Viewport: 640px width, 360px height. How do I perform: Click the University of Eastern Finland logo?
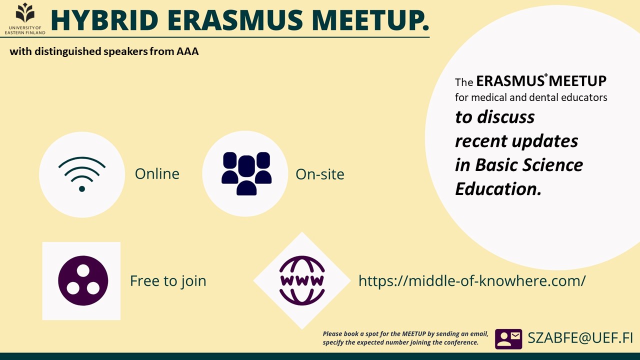point(25,19)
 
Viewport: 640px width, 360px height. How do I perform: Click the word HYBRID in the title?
point(104,20)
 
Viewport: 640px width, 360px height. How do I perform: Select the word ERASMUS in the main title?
point(235,20)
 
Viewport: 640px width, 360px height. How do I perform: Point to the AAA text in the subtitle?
point(187,51)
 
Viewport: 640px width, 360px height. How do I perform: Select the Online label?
point(157,173)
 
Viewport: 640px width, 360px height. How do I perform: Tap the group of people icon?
point(246,173)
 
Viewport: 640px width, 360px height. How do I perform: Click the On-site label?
point(320,174)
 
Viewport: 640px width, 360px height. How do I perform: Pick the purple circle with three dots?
point(83,280)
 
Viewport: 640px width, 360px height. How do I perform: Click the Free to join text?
point(168,281)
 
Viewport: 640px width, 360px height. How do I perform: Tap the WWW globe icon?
point(302,280)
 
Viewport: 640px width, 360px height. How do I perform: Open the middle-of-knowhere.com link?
point(472,281)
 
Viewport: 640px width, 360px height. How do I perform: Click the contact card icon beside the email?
point(508,339)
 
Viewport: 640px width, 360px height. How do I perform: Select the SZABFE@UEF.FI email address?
point(580,338)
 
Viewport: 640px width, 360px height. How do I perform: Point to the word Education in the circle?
point(498,189)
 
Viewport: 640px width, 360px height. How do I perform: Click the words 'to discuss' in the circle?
point(495,117)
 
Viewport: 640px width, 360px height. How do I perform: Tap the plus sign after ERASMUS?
point(546,75)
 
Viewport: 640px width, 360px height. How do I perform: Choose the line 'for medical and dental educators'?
point(531,97)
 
